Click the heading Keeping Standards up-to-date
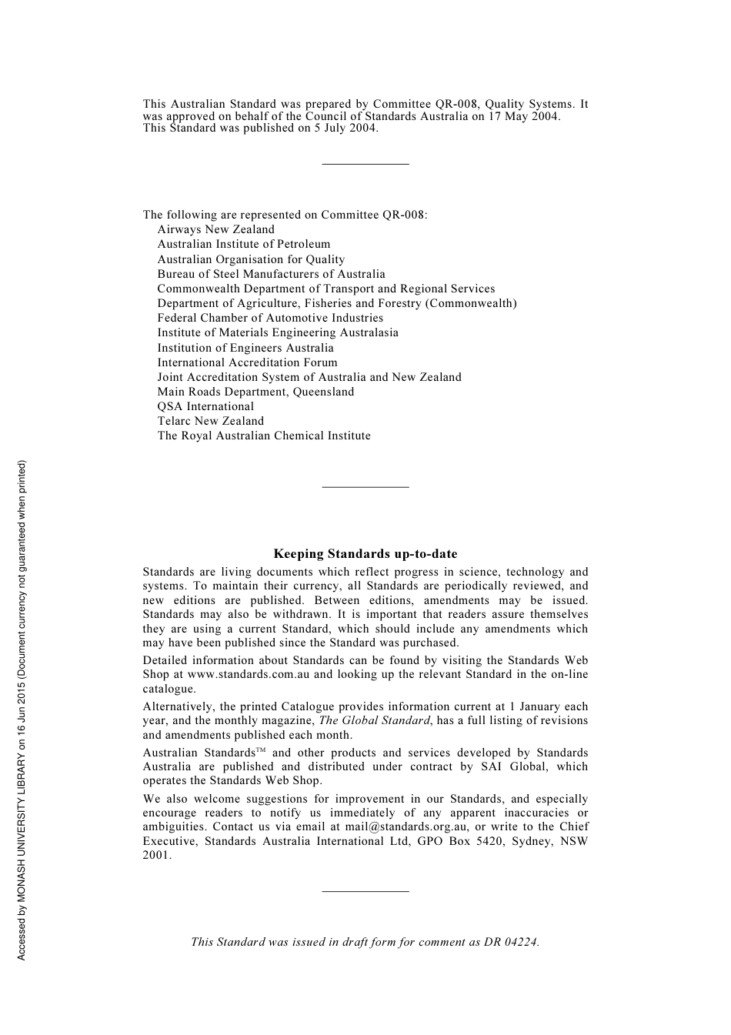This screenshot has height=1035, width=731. coord(365,554)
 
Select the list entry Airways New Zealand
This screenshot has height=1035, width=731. coord(215,229)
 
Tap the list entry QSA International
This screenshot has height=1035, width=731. coord(205,406)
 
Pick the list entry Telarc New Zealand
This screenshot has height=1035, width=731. coord(210,421)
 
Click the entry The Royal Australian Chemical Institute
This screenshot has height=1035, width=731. coord(264,436)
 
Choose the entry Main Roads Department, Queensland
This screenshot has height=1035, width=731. coord(255,392)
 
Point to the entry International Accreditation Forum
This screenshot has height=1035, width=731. coord(247,362)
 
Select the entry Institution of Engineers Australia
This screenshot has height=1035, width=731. coord(245,348)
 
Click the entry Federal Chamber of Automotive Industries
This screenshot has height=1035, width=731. coord(270,318)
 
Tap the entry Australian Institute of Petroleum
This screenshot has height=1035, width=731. coord(243,244)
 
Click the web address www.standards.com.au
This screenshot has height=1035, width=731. coord(249,674)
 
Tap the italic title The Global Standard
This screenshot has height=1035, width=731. coord(374,720)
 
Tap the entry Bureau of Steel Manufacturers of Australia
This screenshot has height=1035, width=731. coord(271,274)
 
